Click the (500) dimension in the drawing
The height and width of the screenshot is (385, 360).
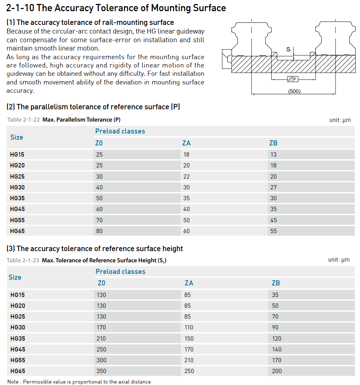[294, 91]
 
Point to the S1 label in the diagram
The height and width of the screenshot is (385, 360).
[289, 49]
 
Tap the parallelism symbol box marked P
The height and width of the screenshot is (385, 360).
[293, 79]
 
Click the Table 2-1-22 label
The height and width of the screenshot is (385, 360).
[23, 120]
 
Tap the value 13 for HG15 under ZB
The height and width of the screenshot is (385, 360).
[273, 154]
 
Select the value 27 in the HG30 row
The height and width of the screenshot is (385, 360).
[273, 187]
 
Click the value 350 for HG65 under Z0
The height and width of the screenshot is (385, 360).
[101, 371]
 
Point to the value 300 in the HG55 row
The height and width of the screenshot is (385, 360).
[101, 360]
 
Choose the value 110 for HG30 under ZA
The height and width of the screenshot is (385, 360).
[189, 327]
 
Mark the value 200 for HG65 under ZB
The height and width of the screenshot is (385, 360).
[277, 371]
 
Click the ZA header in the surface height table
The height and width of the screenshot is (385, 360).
[189, 283]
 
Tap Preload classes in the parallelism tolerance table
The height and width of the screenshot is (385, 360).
[120, 131]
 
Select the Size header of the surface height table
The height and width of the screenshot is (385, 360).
[15, 277]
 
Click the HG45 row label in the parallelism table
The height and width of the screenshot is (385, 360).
[17, 209]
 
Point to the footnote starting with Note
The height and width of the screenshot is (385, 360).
[79, 381]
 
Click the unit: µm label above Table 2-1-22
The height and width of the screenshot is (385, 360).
[340, 120]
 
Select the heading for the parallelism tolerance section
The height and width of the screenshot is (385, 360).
[93, 107]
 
